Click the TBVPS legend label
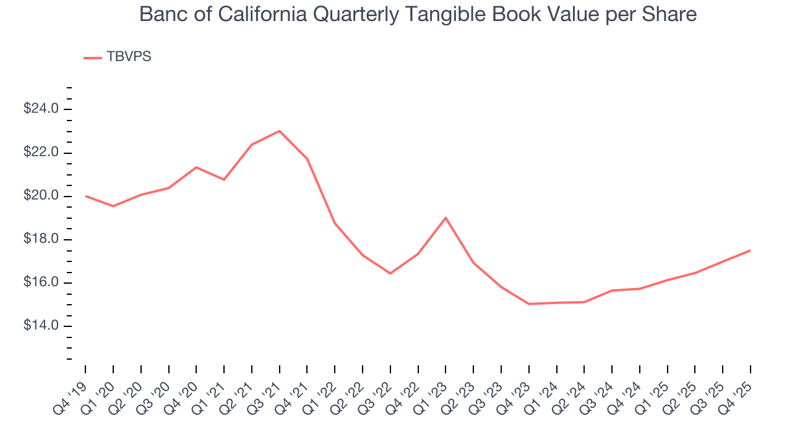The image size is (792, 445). click(x=129, y=57)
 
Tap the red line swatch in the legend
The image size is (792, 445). click(x=93, y=57)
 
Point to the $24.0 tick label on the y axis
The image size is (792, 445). click(x=41, y=109)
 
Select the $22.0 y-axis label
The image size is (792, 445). click(x=41, y=153)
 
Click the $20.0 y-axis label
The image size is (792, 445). click(x=41, y=196)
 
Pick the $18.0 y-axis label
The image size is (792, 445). click(x=41, y=239)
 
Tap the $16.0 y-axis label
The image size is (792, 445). click(x=41, y=282)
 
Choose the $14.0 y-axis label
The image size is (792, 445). click(x=41, y=326)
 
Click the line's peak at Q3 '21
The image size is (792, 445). click(x=280, y=131)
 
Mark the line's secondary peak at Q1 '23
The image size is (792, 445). click(x=445, y=218)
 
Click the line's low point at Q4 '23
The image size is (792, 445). click(x=529, y=304)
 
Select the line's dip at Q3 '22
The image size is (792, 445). click(x=390, y=273)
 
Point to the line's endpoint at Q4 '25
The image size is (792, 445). click(x=750, y=250)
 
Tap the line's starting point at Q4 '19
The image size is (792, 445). click(x=85, y=196)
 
